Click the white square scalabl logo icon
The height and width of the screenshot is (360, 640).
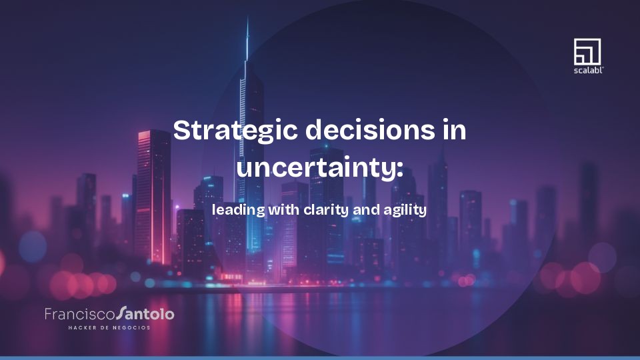(x=587, y=51)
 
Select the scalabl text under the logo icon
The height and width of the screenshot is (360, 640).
(x=588, y=69)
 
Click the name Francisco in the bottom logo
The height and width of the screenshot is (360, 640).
(x=79, y=314)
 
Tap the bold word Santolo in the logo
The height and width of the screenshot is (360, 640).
(x=145, y=313)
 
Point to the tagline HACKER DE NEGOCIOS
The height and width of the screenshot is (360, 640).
(x=109, y=327)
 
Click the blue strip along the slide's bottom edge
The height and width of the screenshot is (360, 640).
(x=320, y=358)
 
